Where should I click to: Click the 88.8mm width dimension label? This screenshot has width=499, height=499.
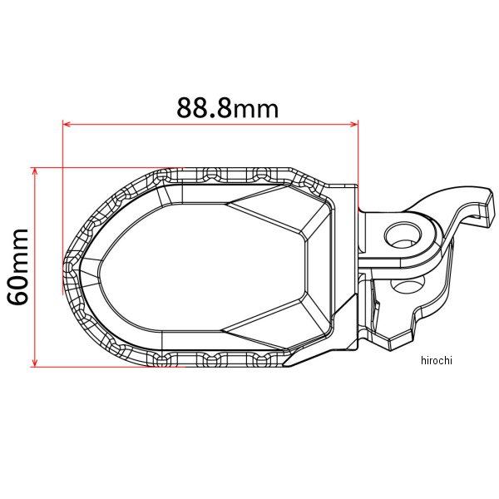coord(228,107)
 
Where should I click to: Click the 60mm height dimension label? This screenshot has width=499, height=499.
coord(18,266)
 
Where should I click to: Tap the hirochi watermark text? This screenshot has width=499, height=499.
coord(437,360)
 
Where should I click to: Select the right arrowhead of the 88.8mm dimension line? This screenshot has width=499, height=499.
coord(354,124)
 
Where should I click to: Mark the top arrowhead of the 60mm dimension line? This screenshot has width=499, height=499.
coord(35,171)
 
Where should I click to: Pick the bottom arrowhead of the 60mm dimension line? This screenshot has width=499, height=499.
coord(35,363)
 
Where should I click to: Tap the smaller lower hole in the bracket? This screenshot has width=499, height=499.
coord(408,284)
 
